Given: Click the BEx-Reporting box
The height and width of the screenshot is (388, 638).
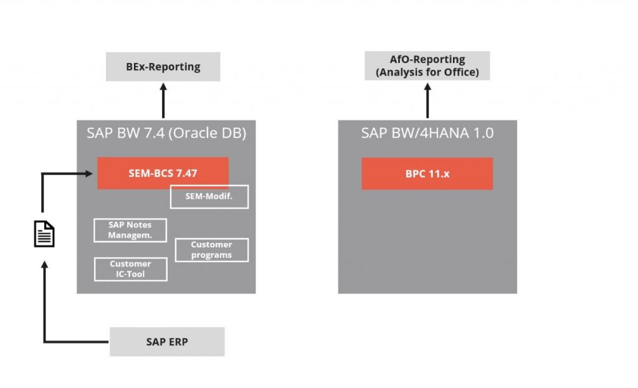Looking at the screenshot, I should (x=163, y=67).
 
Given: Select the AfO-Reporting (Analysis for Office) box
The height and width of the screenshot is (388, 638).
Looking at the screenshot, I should (x=427, y=65).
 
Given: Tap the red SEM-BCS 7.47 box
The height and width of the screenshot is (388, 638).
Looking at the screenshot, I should (x=163, y=173).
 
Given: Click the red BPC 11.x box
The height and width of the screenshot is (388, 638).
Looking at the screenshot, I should (x=427, y=174).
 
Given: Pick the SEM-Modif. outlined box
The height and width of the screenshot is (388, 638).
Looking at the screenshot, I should (x=209, y=197).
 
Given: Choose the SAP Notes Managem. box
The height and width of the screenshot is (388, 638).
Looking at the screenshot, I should (x=130, y=230).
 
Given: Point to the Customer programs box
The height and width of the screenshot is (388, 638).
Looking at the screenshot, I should (x=212, y=250).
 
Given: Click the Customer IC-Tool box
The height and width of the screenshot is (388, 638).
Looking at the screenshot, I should (x=130, y=269).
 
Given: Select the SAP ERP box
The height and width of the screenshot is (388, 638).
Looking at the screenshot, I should (x=167, y=342).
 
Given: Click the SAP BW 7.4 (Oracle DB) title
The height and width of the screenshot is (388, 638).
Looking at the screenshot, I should (x=166, y=133).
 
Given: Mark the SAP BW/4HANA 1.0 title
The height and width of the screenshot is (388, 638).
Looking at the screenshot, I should (x=427, y=133).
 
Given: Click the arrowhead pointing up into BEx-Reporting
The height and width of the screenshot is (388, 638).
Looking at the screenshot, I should (x=163, y=87).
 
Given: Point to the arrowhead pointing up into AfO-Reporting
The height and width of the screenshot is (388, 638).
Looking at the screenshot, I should (x=427, y=86).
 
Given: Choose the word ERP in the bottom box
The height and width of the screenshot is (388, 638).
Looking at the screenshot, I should (x=178, y=342).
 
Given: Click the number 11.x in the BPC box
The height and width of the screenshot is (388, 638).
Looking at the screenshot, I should (x=438, y=174).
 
